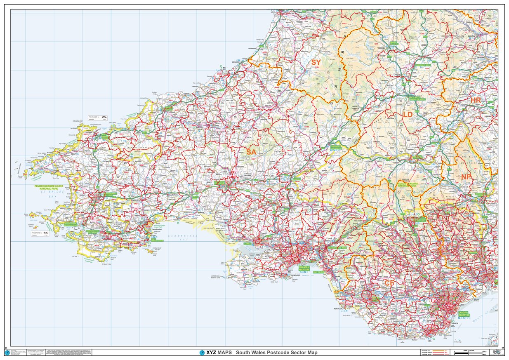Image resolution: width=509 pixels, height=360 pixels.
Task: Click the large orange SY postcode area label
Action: click(316, 63)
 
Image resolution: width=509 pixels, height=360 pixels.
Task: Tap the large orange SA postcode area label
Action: click(251, 152)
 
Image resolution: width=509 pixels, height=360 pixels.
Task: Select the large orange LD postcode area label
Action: click(408, 114)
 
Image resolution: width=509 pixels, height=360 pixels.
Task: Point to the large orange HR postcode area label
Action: click(476, 100)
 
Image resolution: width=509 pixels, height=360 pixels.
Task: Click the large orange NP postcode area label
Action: click(466, 177)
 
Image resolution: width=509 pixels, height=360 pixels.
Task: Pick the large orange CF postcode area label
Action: click(390, 283)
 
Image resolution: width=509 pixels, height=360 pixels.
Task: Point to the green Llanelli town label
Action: click(248, 243)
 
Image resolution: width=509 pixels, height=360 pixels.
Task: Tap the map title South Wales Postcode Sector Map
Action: click(276, 353)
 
